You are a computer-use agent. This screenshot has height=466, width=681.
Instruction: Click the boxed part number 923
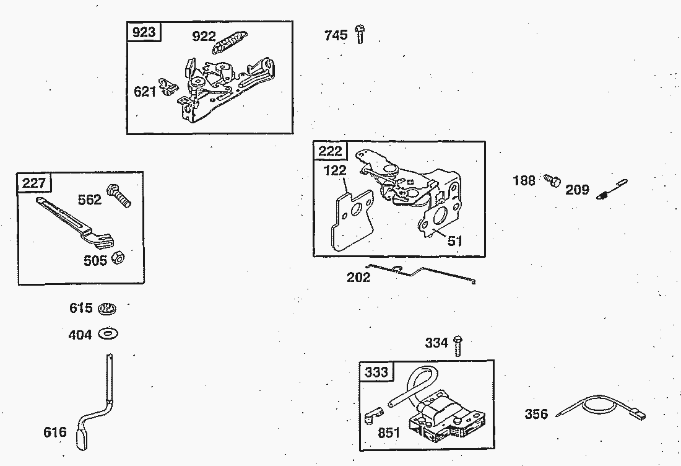pyautogui.click(x=144, y=32)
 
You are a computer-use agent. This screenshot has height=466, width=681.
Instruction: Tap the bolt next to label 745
pyautogui.click(x=360, y=34)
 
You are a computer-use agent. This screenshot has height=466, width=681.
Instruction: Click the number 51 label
pyautogui.click(x=455, y=241)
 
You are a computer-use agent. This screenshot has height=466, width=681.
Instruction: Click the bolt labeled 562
pyautogui.click(x=119, y=196)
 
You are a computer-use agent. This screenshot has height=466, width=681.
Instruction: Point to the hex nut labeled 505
pyautogui.click(x=118, y=258)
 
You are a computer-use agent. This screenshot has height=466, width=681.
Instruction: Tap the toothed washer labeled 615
pyautogui.click(x=107, y=308)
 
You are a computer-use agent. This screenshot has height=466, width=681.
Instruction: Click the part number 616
pyautogui.click(x=54, y=432)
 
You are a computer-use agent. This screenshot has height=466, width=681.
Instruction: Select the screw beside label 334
pyautogui.click(x=458, y=345)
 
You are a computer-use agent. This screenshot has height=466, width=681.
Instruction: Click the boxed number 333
pyautogui.click(x=376, y=372)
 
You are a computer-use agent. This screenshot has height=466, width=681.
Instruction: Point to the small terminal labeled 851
pyautogui.click(x=372, y=416)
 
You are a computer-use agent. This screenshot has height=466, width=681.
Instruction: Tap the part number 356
pyautogui.click(x=536, y=414)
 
